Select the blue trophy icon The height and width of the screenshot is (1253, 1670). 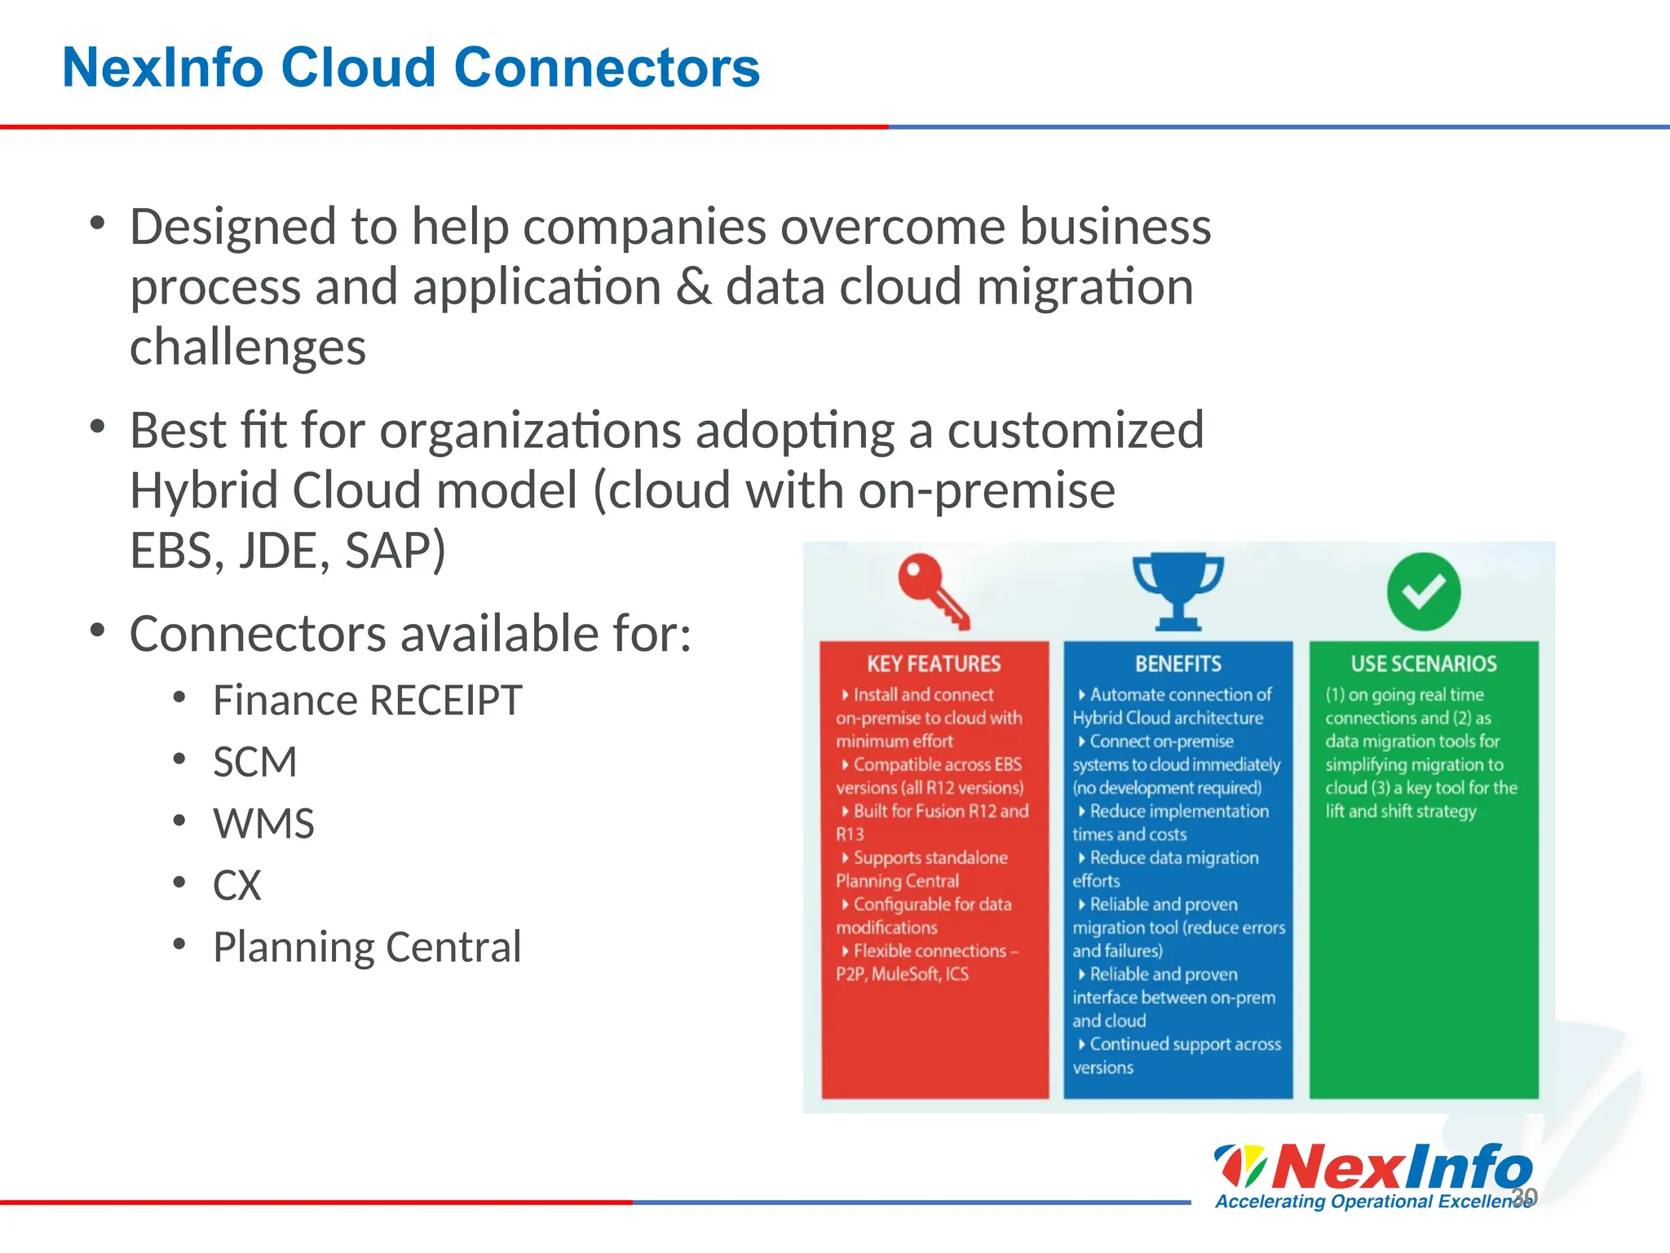pos(1178,591)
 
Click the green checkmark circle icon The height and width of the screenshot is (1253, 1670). pos(1424,591)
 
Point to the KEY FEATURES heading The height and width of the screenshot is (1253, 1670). pos(934,664)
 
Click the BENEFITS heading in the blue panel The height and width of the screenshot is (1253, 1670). pos(1178,664)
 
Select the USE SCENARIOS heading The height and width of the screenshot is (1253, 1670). pos(1424,664)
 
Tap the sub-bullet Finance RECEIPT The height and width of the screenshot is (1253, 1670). pos(367,701)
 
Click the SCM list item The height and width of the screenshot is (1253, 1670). pos(254,763)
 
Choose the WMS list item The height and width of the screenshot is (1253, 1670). pos(263,824)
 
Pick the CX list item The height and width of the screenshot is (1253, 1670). pos(236,886)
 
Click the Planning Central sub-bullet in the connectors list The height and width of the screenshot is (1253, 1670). pos(367,948)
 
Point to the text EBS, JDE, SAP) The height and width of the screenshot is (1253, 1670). pos(287,551)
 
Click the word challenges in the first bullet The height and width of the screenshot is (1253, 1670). pos(248,348)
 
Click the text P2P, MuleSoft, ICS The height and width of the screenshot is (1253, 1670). pos(902,974)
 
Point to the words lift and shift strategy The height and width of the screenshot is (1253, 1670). pos(1400,812)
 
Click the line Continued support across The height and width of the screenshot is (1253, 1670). pos(1185,1044)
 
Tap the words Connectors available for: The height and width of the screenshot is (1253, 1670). pos(410,634)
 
